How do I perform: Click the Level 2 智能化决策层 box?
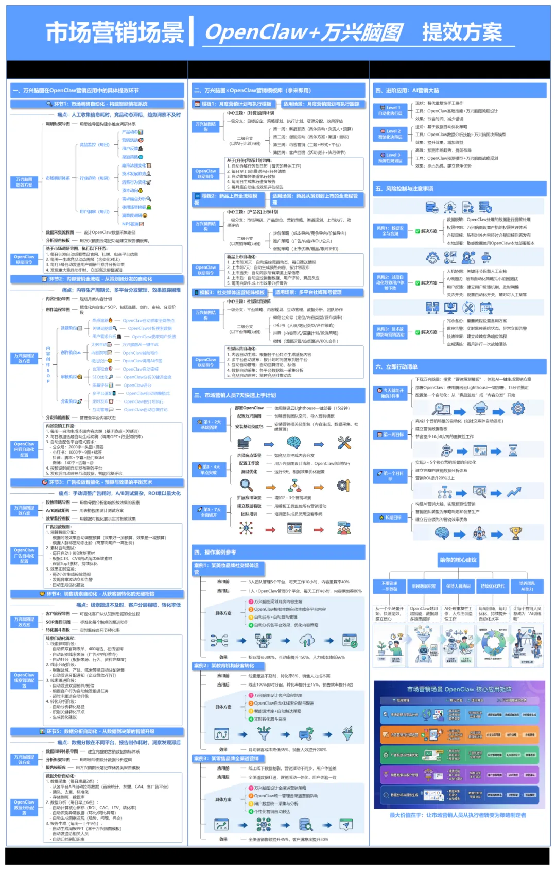pyautogui.click(x=390, y=134)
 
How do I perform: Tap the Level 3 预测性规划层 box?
pyautogui.click(x=390, y=158)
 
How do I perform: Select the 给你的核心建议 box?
pyautogui.click(x=458, y=560)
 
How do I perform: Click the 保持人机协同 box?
pyautogui.click(x=458, y=586)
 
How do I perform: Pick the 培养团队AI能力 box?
pyautogui.click(x=527, y=586)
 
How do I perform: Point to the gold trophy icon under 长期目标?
pyautogui.click(x=515, y=533)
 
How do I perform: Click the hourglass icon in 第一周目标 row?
pyautogui.click(x=513, y=450)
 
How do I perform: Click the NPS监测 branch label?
pyautogui.click(x=131, y=224)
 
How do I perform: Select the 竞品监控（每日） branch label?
pyautogui.click(x=95, y=145)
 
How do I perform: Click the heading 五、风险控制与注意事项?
pyautogui.click(x=404, y=189)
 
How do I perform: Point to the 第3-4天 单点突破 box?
pyautogui.click(x=209, y=470)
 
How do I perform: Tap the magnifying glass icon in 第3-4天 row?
pyautogui.click(x=247, y=486)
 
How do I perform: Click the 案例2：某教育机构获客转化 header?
pyautogui.click(x=224, y=665)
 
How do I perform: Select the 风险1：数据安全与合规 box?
pyautogui.click(x=390, y=231)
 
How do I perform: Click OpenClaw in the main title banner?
pyautogui.click(x=256, y=32)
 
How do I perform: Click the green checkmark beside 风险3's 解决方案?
pyautogui.click(x=418, y=332)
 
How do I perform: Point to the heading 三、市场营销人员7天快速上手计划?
pyautogui.click(x=235, y=395)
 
